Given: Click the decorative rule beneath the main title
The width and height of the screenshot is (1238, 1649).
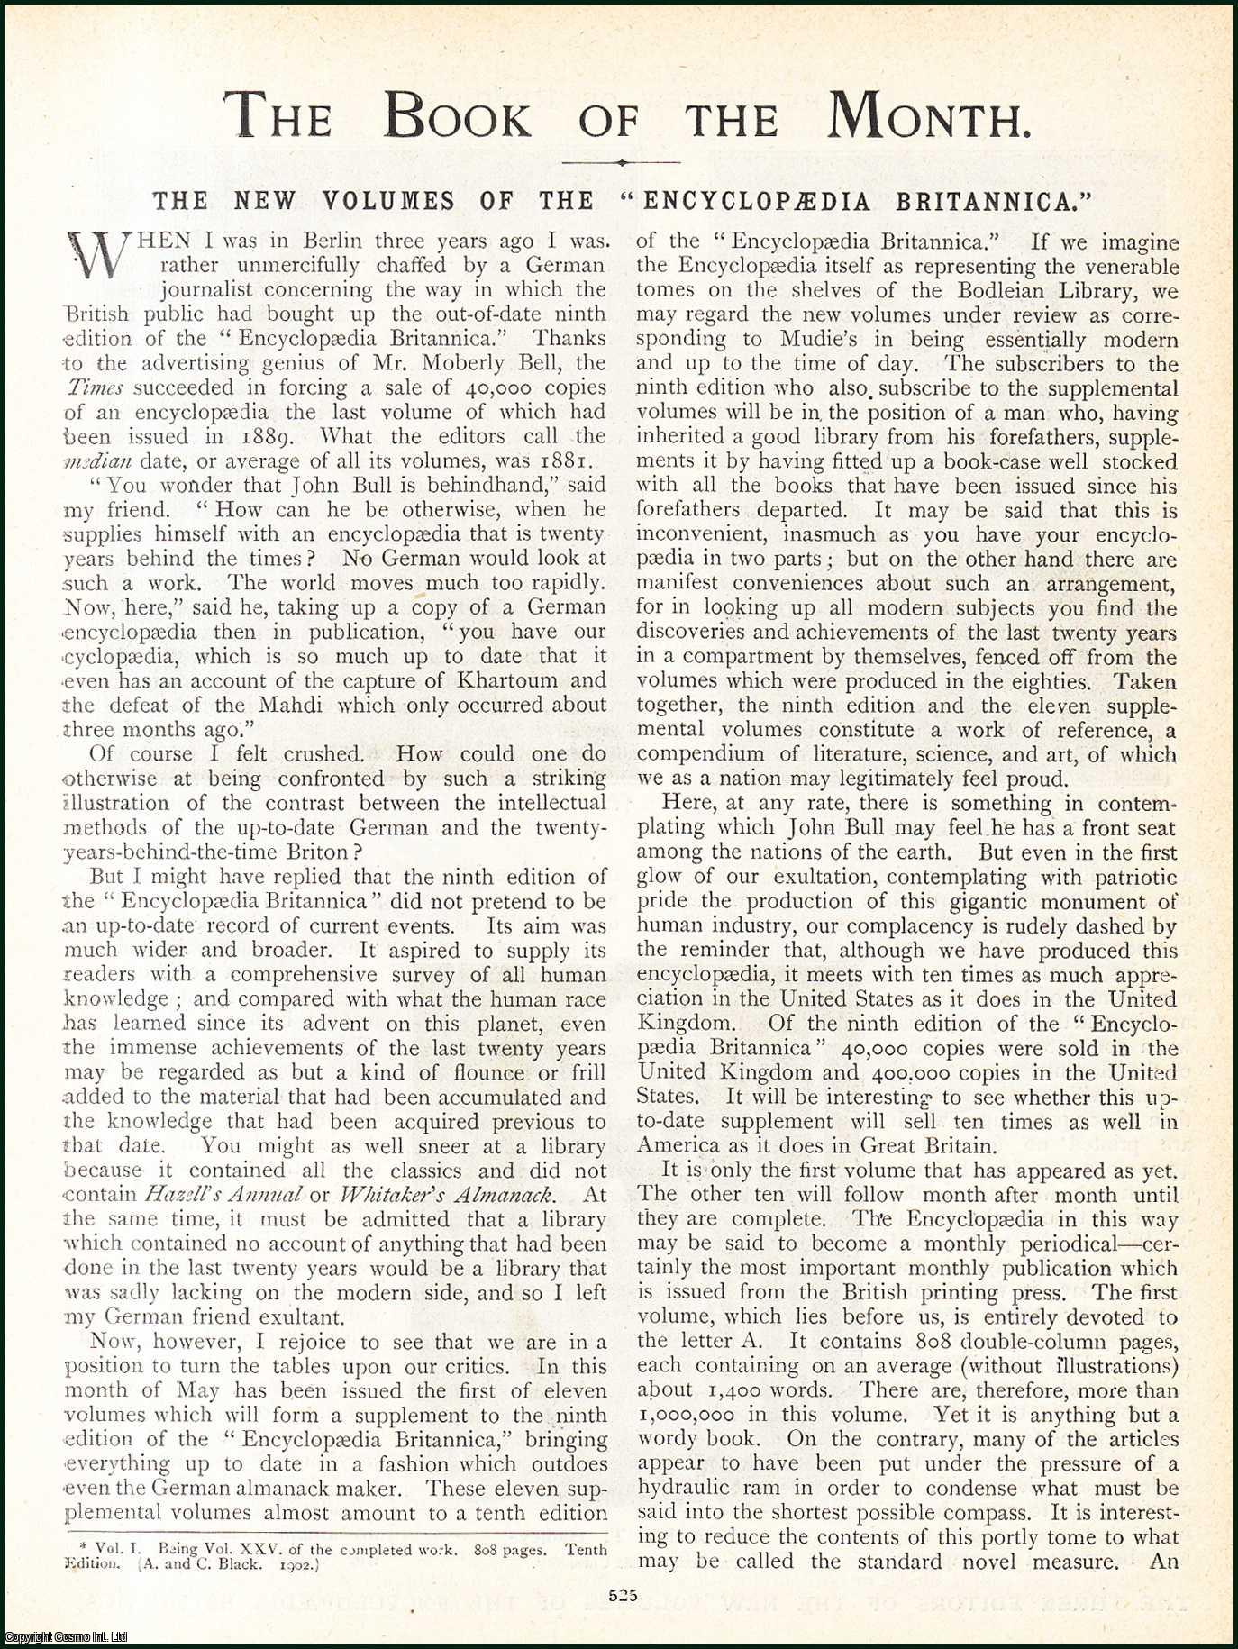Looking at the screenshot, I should (621, 163).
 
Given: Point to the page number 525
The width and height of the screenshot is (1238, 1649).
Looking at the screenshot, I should (622, 1594).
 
